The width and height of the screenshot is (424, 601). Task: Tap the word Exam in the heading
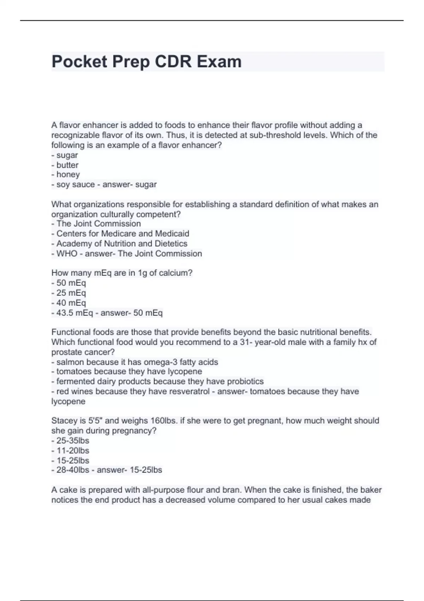pyautogui.click(x=219, y=62)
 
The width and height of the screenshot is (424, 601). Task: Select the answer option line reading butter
pyautogui.click(x=67, y=165)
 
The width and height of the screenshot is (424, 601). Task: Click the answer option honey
pyautogui.click(x=68, y=175)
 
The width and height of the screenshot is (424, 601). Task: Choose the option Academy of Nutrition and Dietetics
pyautogui.click(x=122, y=244)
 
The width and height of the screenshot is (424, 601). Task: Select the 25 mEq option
pyautogui.click(x=71, y=293)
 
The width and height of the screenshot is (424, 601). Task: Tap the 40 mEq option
pyautogui.click(x=71, y=303)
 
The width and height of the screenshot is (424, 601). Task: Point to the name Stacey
pyautogui.click(x=64, y=421)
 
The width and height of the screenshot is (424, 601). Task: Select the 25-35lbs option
pyautogui.click(x=72, y=440)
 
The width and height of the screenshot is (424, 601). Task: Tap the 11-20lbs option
pyautogui.click(x=72, y=450)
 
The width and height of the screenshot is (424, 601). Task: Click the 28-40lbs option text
pyautogui.click(x=72, y=470)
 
